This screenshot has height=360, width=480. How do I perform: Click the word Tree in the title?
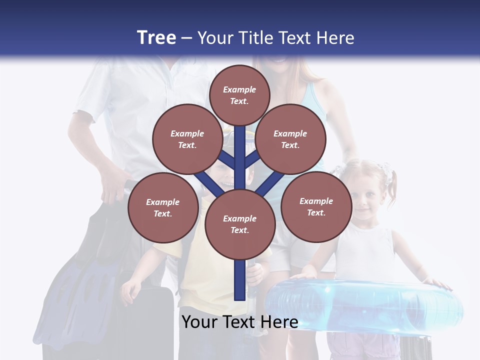click(x=156, y=37)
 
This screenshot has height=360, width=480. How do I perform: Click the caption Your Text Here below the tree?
click(x=239, y=322)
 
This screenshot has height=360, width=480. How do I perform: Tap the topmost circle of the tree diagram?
click(x=239, y=95)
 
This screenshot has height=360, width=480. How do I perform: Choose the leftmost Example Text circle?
click(x=163, y=207)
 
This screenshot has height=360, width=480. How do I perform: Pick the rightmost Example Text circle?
click(x=316, y=206)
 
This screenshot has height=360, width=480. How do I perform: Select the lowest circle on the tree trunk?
click(x=240, y=224)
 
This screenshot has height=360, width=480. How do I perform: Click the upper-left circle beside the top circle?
click(x=187, y=139)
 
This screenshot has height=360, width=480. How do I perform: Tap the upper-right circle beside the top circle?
click(x=290, y=139)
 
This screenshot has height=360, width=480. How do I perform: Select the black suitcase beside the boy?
click(x=150, y=320)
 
